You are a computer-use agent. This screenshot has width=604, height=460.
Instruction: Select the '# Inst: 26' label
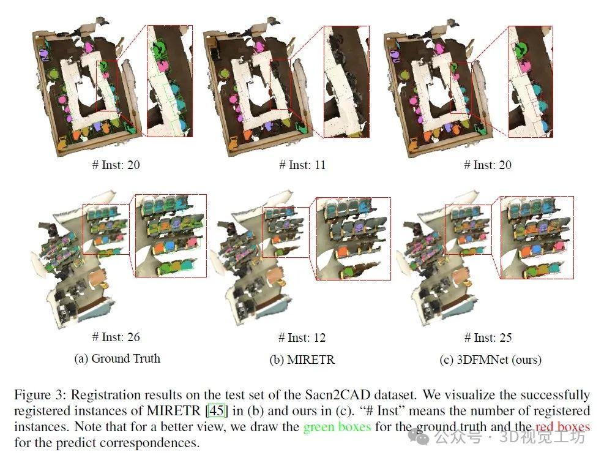pyautogui.click(x=116, y=337)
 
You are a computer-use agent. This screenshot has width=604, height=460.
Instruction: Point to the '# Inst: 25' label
pyautogui.click(x=488, y=337)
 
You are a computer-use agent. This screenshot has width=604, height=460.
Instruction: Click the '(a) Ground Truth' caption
pyautogui.click(x=117, y=358)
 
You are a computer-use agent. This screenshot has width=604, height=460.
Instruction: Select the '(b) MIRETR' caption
pyautogui.click(x=302, y=360)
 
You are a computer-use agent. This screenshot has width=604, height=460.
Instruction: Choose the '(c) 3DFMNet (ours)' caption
pyautogui.click(x=490, y=360)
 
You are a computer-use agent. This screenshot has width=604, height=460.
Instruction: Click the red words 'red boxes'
pyautogui.click(x=563, y=426)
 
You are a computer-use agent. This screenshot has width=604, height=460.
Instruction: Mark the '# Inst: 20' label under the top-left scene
pyautogui.click(x=116, y=165)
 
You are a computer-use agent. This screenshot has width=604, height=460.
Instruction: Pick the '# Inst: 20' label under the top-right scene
pyautogui.click(x=488, y=165)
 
